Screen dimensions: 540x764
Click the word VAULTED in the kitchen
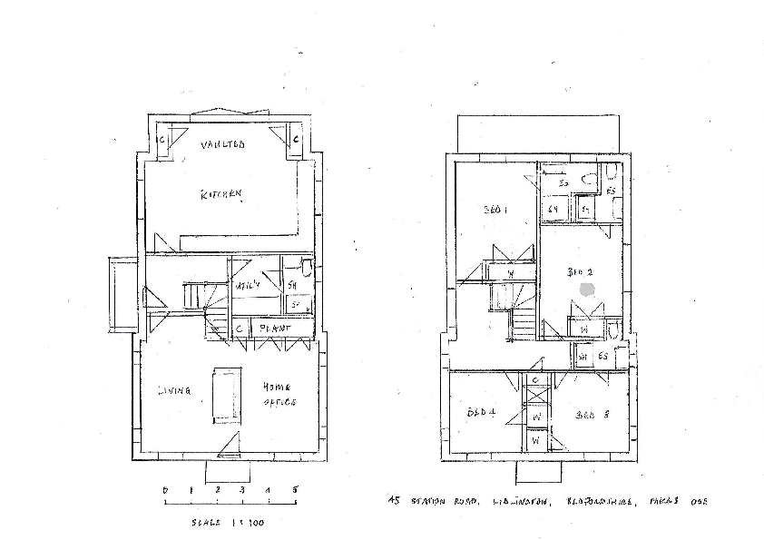pyautogui.click(x=223, y=145)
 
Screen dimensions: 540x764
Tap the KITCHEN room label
pyautogui.click(x=221, y=193)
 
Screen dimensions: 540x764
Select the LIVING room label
pyautogui.click(x=173, y=391)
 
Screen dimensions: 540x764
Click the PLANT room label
pyautogui.click(x=275, y=328)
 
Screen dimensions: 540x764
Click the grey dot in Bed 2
pyautogui.click(x=587, y=289)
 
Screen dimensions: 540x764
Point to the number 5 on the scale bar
pyautogui.click(x=295, y=491)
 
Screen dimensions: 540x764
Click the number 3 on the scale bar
pyautogui.click(x=242, y=491)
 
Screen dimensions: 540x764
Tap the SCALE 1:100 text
pyautogui.click(x=227, y=523)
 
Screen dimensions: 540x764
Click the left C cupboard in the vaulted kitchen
pyautogui.click(x=162, y=140)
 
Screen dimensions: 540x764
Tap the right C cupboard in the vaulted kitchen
pyautogui.click(x=296, y=140)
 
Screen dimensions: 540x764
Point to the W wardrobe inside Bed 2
pyautogui.click(x=584, y=329)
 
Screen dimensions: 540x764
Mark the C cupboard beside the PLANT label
pyautogui.click(x=240, y=329)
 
